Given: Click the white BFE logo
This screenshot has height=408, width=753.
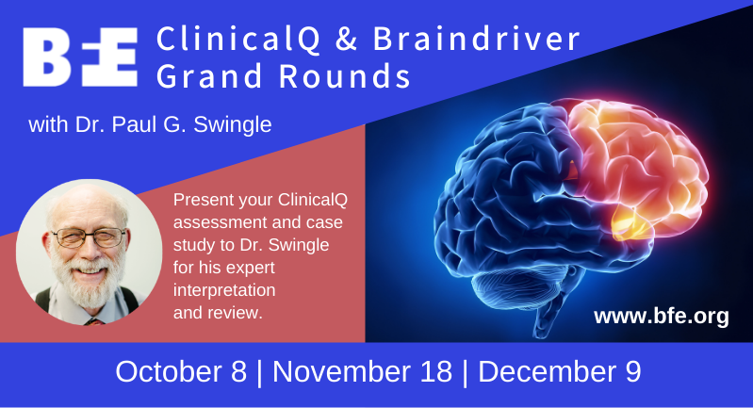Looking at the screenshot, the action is (x=80, y=57).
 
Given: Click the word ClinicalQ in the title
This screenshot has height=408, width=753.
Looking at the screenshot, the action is (x=238, y=39).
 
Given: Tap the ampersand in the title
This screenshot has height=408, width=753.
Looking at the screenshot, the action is (x=347, y=39).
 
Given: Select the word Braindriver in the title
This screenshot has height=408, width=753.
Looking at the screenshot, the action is (x=476, y=39).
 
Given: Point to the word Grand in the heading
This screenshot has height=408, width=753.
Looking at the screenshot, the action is (x=210, y=75).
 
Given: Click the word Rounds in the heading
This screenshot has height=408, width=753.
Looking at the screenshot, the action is (x=345, y=75).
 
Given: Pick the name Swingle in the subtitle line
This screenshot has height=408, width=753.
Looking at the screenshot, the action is (x=233, y=125).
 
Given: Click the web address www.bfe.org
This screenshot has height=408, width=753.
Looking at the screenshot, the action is (x=662, y=317).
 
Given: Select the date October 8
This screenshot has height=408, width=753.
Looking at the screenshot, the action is (x=181, y=371).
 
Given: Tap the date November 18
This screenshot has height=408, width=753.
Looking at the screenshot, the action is (x=362, y=371).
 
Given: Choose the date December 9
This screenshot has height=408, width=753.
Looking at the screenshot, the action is (x=560, y=371).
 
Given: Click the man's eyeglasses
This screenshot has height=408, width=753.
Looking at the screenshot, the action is (x=90, y=237).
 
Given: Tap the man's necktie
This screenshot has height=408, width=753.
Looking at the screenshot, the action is (x=94, y=321).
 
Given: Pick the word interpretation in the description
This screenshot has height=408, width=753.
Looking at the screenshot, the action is (x=224, y=290).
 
